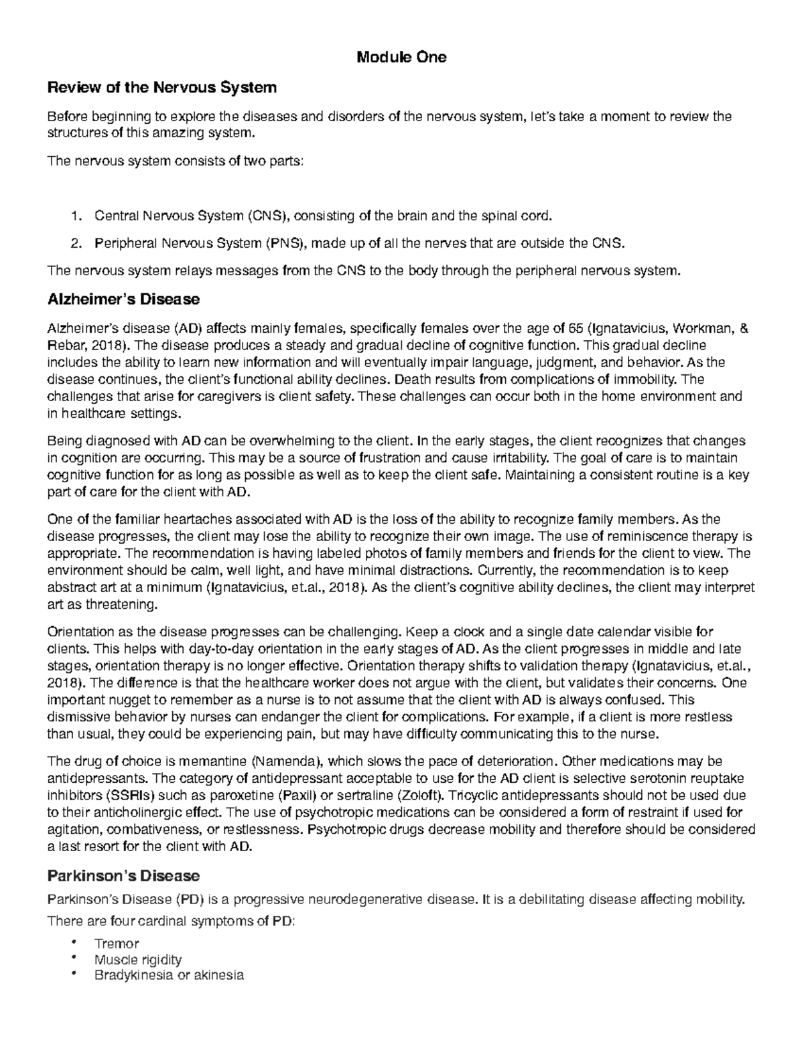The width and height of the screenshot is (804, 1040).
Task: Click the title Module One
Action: click(x=401, y=58)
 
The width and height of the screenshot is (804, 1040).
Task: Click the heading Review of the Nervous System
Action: click(x=161, y=88)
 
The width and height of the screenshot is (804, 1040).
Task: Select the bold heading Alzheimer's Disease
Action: click(x=123, y=299)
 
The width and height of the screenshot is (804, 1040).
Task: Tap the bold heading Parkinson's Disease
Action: click(x=123, y=875)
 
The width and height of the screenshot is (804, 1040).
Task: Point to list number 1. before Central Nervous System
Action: click(x=76, y=216)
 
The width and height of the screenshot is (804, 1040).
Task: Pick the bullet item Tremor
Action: click(x=117, y=944)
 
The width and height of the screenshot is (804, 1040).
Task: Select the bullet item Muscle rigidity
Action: click(x=138, y=960)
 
